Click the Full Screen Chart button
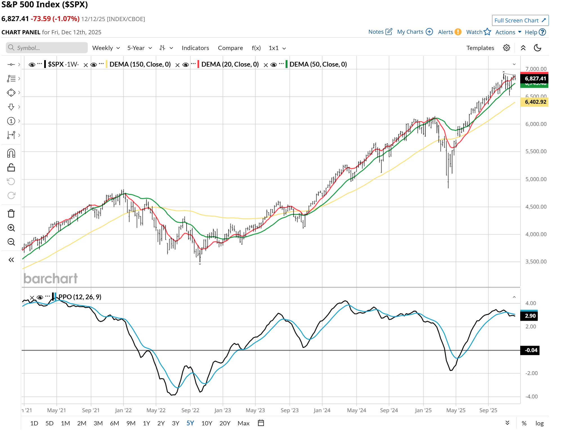(520, 21)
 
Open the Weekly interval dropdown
(106, 48)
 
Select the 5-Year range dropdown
(139, 48)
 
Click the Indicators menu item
(195, 48)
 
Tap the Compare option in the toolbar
(230, 48)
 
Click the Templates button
(480, 48)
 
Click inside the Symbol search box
(48, 48)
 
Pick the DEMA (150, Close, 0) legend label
(140, 64)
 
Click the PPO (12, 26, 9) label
(80, 297)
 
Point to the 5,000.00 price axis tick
(536, 179)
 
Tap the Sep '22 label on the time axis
(190, 410)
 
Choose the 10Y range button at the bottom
(207, 423)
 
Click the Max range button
(243, 423)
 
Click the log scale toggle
(539, 423)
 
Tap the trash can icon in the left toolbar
(11, 214)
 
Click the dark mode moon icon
(537, 48)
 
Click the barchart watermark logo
(51, 278)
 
